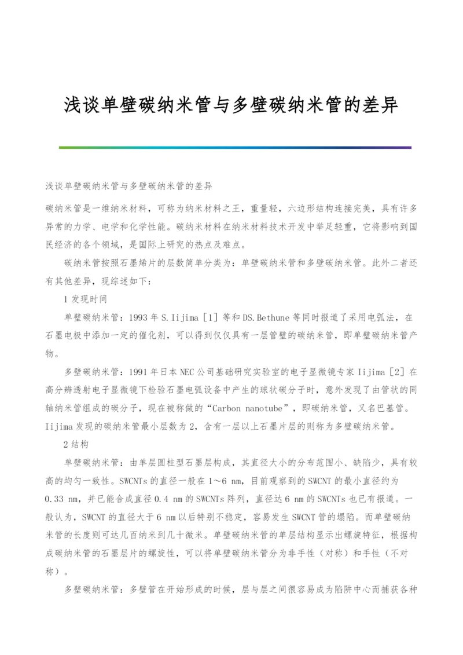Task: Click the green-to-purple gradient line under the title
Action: (x=235, y=148)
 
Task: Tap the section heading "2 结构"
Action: (x=75, y=445)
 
